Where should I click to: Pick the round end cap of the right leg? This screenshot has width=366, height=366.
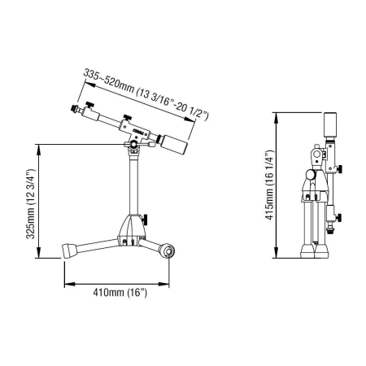point(168,251)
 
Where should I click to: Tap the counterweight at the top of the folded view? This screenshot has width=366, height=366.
point(331,125)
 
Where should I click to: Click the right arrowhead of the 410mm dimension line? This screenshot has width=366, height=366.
point(173,284)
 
